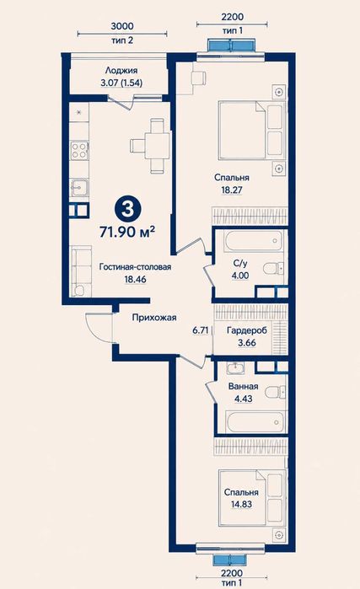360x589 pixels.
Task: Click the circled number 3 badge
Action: coord(128,209)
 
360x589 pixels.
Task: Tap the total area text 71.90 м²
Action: coord(127,232)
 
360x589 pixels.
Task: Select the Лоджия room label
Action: coord(121,70)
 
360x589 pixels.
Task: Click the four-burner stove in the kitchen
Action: coord(79,150)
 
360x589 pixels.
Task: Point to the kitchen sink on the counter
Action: coord(79,187)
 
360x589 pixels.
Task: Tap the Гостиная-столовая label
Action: coord(135,267)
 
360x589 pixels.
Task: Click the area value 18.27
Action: coord(232,190)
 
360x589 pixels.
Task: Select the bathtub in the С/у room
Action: coord(253,241)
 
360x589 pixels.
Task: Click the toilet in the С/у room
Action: coord(272,268)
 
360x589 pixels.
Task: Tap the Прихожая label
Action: coord(154,318)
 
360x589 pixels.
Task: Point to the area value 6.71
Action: coord(201,330)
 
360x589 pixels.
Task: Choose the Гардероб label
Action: coord(247,330)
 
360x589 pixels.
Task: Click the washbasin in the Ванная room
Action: coord(235,367)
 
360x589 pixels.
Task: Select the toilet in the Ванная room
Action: coord(275,393)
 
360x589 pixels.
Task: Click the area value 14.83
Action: coord(241,504)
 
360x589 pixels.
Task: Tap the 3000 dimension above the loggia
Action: coord(122,26)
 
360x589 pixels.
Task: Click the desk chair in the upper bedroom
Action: coord(198,78)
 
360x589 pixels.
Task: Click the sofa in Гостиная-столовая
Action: coord(81,270)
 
